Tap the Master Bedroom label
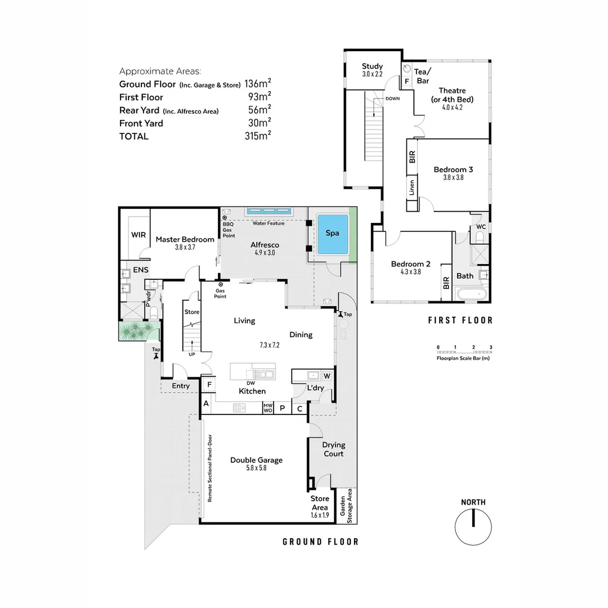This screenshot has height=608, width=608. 185,239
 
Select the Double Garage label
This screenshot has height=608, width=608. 256,460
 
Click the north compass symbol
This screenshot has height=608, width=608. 473,526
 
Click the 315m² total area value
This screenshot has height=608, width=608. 257,136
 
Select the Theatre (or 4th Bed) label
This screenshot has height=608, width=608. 453,95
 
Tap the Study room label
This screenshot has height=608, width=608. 372,66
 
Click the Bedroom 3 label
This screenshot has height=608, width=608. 453,169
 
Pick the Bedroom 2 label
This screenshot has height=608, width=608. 410,264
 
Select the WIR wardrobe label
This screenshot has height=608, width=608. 138,234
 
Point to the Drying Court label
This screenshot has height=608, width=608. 333,449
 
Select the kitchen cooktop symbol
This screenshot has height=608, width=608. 239,408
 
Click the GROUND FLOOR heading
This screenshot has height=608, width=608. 320,542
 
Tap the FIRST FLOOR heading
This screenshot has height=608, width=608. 460,320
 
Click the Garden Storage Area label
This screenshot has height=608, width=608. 346,506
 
